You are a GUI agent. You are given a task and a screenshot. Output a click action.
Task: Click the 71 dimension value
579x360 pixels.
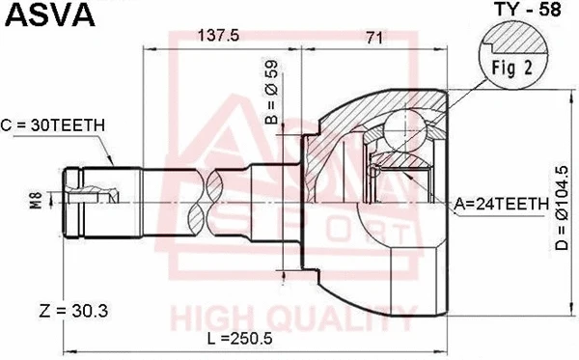click(x=376, y=37)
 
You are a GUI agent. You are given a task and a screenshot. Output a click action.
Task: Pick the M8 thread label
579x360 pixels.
click(x=35, y=202)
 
